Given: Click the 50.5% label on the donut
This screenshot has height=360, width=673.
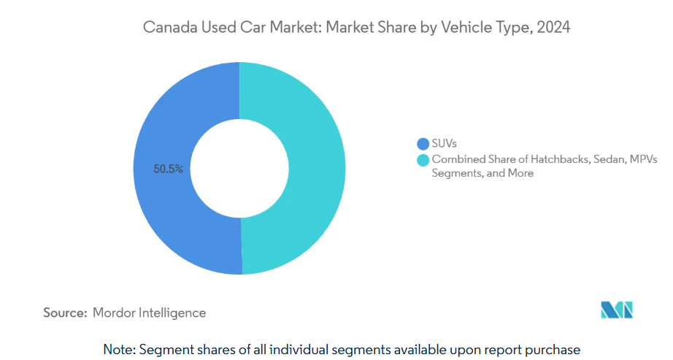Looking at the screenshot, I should tap(168, 169).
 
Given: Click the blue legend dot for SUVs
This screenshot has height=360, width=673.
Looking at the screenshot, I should tap(423, 143).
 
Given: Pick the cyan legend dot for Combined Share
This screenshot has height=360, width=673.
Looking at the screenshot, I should tap(423, 160).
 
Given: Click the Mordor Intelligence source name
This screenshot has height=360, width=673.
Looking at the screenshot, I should tap(150, 313).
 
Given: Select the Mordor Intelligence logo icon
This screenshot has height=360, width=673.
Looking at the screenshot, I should tap(617, 310).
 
